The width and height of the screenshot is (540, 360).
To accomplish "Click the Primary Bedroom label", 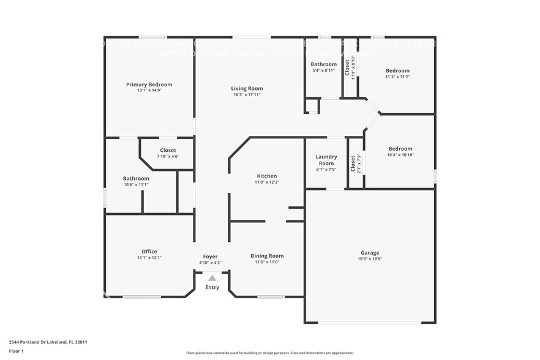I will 149,84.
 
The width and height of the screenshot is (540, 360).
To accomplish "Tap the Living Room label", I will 247,88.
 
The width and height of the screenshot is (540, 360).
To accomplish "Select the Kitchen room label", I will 266,176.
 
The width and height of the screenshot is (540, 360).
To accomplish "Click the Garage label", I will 369,252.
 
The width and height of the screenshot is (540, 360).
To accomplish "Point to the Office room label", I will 149,251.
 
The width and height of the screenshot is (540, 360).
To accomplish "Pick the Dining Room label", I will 266,255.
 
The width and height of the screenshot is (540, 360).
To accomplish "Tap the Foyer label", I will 210,257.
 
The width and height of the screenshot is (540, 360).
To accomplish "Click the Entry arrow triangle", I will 212,278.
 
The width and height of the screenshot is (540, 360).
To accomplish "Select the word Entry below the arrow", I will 212,287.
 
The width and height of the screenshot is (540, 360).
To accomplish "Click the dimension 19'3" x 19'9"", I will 369,259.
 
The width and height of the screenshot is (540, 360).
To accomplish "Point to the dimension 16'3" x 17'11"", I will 247,95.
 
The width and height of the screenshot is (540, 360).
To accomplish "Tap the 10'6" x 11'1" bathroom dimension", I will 136,184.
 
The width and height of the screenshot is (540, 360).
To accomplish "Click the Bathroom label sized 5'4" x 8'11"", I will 323,64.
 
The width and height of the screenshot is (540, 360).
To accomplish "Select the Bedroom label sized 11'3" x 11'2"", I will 397,70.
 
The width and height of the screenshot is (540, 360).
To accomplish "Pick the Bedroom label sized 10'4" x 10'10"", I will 400,148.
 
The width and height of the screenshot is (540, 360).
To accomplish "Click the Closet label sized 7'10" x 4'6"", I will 168,150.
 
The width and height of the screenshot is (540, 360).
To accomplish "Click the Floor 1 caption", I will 17,351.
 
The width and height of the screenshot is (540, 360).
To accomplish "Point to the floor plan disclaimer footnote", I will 269,353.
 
